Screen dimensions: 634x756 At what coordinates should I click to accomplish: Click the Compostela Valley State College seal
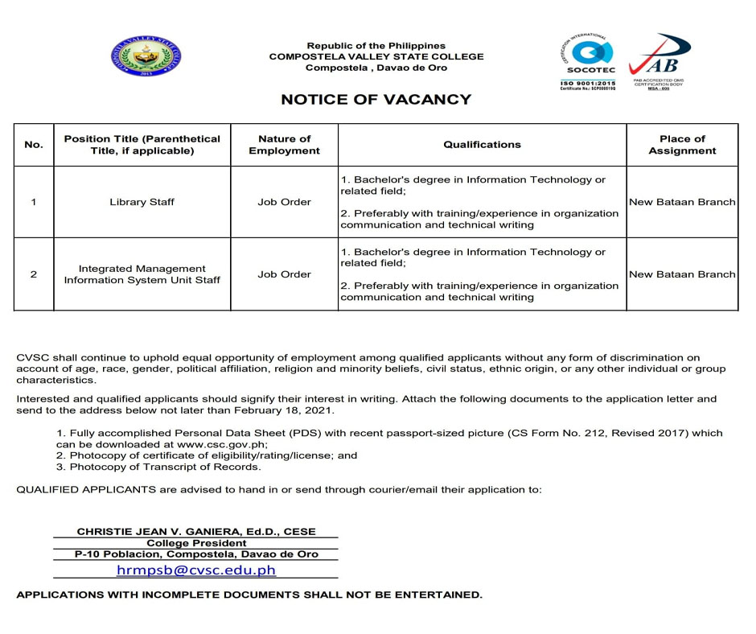tap(146, 56)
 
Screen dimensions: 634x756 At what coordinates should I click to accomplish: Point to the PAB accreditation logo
tap(659, 59)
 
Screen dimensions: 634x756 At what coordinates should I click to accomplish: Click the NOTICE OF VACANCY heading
tap(376, 100)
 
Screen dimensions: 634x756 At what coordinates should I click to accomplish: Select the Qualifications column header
tap(482, 145)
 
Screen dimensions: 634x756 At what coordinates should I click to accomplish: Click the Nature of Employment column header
tap(284, 145)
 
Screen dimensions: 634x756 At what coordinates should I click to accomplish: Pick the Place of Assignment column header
tap(682, 145)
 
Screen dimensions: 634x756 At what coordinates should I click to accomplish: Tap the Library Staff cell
tap(142, 202)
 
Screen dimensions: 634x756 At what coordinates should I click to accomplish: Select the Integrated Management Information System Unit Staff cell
tap(142, 274)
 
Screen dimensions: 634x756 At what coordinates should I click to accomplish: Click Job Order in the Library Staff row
tap(284, 202)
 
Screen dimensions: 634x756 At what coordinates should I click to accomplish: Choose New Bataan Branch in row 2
tap(682, 274)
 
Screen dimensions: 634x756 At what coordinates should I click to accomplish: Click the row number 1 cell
tap(34, 202)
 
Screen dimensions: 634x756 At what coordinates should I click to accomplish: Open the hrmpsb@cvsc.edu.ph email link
tap(196, 570)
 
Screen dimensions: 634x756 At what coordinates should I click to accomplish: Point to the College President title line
tap(196, 543)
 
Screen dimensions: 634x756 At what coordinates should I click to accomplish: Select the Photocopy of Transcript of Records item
tap(158, 467)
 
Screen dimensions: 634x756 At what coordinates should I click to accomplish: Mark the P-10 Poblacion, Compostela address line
tap(196, 554)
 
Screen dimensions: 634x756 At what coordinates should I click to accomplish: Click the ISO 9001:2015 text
tap(587, 83)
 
